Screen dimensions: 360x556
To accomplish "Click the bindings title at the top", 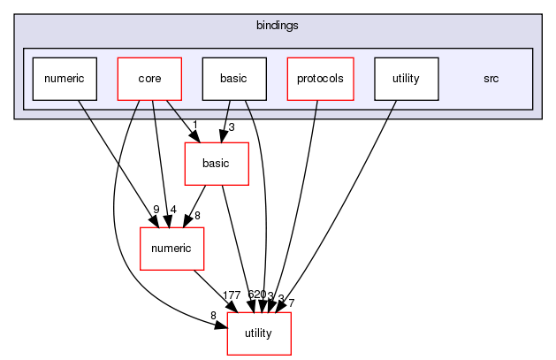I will (277, 26).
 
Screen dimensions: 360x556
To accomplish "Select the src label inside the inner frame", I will (491, 79).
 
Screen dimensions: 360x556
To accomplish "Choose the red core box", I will (149, 79).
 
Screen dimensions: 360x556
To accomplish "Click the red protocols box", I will (320, 79).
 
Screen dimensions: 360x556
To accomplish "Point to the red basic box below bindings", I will (216, 164).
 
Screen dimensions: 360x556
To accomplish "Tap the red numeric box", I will (172, 249).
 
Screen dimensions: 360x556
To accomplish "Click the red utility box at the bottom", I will (259, 333).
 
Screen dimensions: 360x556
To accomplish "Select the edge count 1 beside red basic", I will (194, 124).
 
